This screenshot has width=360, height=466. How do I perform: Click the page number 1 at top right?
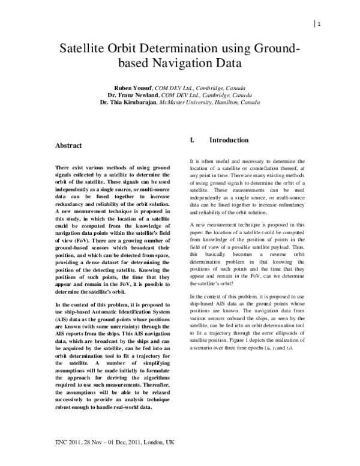(320, 24)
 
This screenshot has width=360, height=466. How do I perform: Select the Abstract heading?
(68, 145)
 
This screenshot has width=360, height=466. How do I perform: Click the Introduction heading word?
(229, 141)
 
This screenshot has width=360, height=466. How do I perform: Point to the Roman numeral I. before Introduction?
(192, 141)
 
